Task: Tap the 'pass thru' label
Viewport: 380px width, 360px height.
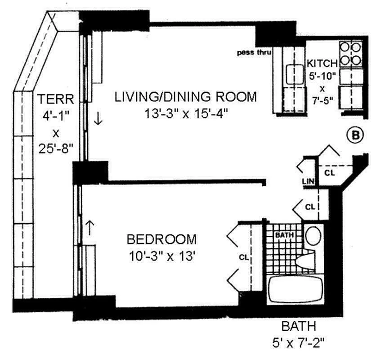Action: click(x=254, y=53)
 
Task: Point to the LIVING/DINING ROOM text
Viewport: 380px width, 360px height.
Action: click(x=185, y=96)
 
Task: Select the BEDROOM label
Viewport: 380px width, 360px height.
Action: click(x=161, y=238)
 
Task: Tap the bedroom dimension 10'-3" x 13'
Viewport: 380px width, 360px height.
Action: click(x=161, y=256)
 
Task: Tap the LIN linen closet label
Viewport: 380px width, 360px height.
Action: click(x=308, y=181)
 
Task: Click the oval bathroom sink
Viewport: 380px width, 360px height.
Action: click(x=313, y=235)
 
